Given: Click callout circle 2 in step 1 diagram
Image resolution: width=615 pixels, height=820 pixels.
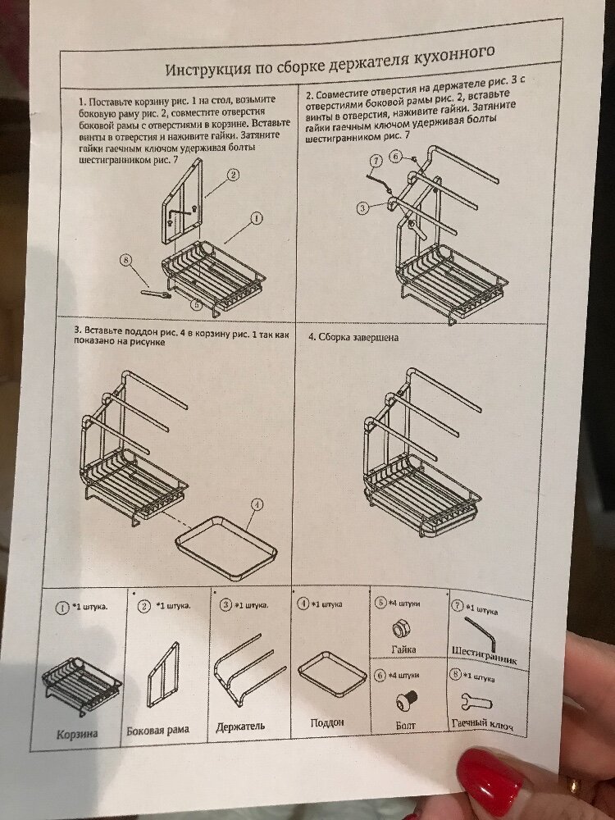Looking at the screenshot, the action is pyautogui.click(x=233, y=175).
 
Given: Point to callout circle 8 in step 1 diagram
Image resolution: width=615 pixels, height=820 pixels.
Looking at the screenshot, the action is pyautogui.click(x=125, y=259).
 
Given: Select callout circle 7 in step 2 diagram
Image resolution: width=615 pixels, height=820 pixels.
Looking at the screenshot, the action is pyautogui.click(x=376, y=161).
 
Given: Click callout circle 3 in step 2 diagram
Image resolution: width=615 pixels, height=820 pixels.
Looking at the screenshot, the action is pyautogui.click(x=362, y=208).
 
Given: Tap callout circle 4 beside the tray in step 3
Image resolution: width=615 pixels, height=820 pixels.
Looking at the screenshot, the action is pyautogui.click(x=257, y=504).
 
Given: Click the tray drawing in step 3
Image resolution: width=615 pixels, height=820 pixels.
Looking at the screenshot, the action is pyautogui.click(x=226, y=548).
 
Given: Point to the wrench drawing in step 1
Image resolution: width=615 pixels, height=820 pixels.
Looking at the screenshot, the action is pyautogui.click(x=156, y=294).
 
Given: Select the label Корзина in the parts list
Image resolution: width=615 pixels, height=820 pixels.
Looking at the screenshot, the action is pyautogui.click(x=77, y=734).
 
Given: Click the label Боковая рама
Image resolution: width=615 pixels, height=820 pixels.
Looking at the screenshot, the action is pyautogui.click(x=158, y=730).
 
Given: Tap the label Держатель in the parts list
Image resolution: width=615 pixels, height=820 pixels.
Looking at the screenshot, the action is pyautogui.click(x=240, y=727).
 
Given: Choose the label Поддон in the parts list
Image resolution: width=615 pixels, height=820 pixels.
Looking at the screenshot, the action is pyautogui.click(x=327, y=722).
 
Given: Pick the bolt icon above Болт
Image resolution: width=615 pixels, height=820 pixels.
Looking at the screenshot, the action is pyautogui.click(x=407, y=700).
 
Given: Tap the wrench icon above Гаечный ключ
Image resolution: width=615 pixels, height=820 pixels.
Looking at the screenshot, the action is pyautogui.click(x=476, y=702).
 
